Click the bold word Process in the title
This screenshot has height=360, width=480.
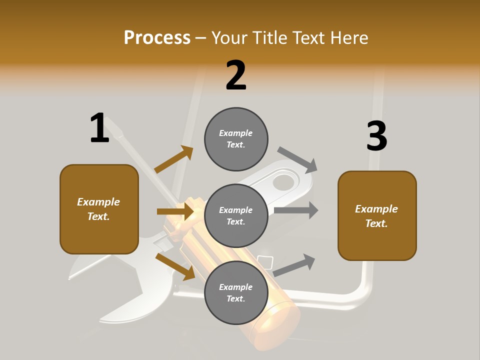coord(157,37)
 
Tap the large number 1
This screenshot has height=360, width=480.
coord(99,128)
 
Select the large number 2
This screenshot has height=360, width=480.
coord(236,75)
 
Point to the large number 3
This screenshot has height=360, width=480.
coord(376,136)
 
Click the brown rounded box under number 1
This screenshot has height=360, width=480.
coord(99,209)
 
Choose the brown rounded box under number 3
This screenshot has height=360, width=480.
coord(377,216)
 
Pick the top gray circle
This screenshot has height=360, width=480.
coord(236,139)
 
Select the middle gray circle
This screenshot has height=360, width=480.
coord(236,216)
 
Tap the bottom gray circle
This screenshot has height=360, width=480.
coord(236,293)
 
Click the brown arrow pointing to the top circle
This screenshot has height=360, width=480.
coord(174,159)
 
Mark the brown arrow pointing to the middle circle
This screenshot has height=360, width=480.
coord(175,211)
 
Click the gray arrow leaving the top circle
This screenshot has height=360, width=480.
coord(297,159)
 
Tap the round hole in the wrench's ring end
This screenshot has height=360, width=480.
coord(283,182)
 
